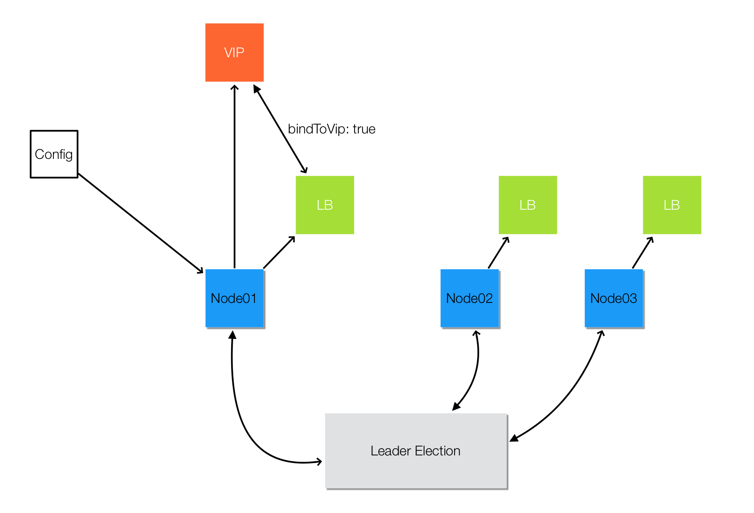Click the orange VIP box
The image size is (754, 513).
[235, 53]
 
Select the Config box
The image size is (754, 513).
[54, 154]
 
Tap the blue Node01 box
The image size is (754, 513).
[235, 298]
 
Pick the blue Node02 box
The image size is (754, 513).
[470, 298]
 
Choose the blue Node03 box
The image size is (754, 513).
[614, 298]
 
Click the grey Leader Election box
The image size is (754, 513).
[416, 451]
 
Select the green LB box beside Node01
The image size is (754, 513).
[325, 205]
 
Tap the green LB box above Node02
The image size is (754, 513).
[528, 205]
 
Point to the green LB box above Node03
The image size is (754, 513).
[672, 205]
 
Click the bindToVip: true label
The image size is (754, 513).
[332, 129]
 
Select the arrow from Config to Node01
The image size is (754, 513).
[141, 223]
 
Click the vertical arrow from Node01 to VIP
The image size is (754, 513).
[235, 176]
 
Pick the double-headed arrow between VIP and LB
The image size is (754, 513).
[280, 129]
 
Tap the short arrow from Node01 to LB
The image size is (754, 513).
[279, 252]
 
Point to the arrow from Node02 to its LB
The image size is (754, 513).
[499, 252]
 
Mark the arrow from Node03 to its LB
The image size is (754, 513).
[643, 252]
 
